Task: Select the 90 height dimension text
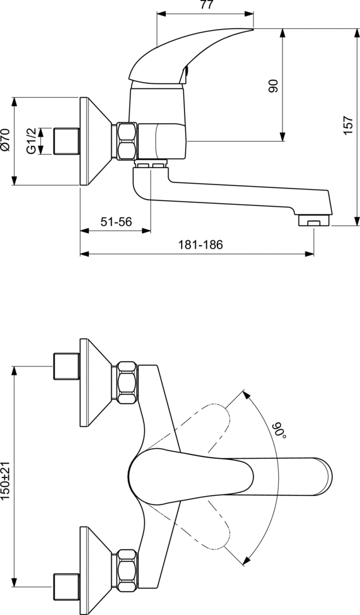point(273,86)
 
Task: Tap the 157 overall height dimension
point(348,126)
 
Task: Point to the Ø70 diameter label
point(5,140)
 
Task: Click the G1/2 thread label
point(31,141)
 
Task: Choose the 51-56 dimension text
point(116,222)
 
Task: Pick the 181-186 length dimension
point(200,245)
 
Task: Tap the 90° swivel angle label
point(279,431)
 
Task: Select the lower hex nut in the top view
point(125,570)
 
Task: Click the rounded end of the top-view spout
point(325,476)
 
